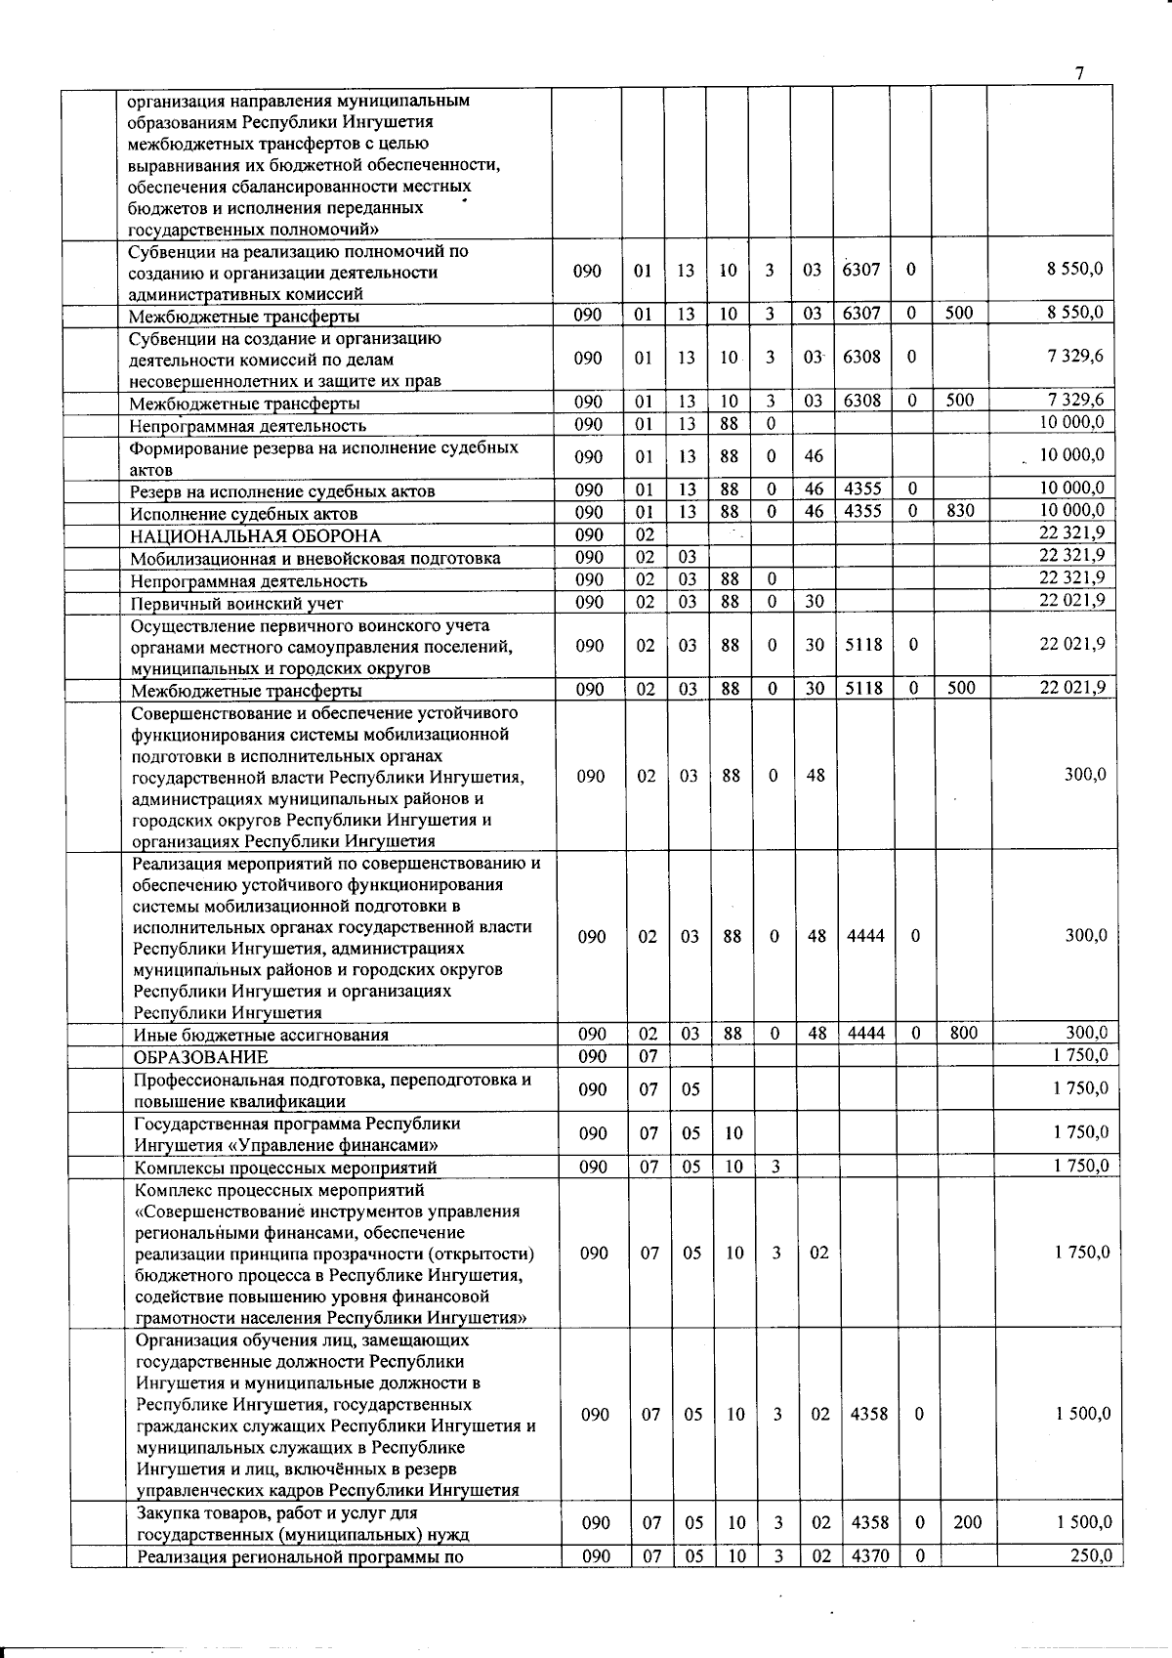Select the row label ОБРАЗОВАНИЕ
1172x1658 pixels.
(201, 1057)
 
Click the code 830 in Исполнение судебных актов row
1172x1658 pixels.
(959, 510)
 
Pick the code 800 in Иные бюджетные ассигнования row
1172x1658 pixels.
(963, 1034)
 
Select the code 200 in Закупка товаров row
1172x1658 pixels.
(967, 1522)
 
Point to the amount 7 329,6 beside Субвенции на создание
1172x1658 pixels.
(1074, 357)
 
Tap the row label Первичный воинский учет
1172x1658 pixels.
(237, 603)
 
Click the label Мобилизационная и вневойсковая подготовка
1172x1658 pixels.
(315, 558)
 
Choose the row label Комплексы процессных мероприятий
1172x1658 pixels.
(285, 1168)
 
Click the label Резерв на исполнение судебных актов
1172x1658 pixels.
(282, 490)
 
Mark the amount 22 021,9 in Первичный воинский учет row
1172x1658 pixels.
(1072, 600)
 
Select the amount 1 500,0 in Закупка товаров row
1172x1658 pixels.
(1082, 1522)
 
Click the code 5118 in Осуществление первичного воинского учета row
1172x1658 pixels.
(863, 645)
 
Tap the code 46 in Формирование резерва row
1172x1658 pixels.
(815, 456)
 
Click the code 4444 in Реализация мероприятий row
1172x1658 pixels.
(865, 936)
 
